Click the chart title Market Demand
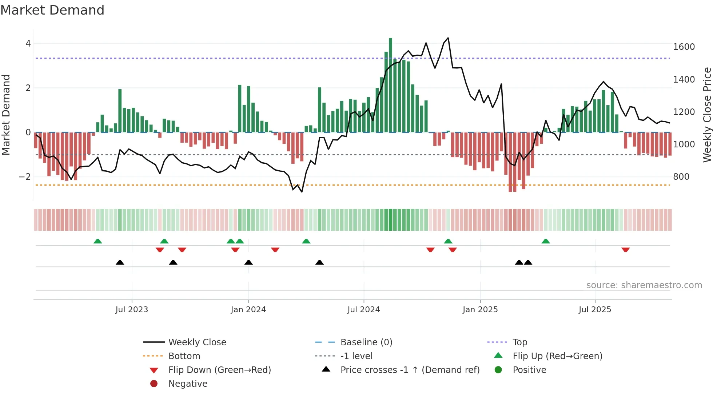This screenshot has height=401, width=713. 52,10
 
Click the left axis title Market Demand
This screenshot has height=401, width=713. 6,115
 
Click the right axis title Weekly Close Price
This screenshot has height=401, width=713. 707,115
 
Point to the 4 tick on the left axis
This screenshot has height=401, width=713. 28,44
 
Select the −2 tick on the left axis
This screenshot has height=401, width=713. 25,177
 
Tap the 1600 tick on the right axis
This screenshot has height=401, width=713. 684,47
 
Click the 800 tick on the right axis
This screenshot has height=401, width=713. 681,177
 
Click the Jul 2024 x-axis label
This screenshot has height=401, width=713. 363,310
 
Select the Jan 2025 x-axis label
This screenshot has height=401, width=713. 480,310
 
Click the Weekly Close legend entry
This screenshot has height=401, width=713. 197,342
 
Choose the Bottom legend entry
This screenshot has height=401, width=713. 184,356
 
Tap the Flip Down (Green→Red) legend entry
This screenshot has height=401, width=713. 219,370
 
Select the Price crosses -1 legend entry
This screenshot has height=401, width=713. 410,370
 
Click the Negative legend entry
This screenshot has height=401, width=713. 188,384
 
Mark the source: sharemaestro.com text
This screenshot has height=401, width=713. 644,285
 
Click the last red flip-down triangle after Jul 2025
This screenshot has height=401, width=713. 625,250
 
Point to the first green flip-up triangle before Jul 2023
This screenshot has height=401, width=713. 97,241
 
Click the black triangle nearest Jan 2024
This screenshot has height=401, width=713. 248,262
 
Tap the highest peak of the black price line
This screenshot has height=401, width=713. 448,38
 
